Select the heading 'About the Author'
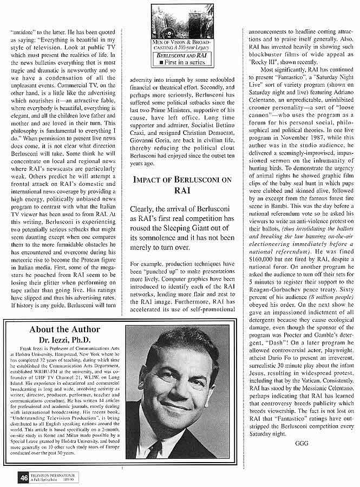coord(64,329)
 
